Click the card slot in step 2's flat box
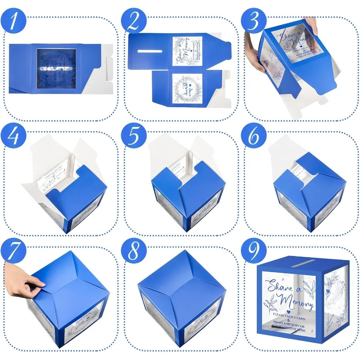coord(149,51)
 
